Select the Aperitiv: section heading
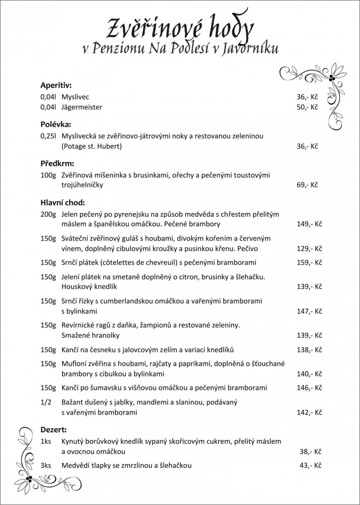57,84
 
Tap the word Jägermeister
82,107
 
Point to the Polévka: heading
56,124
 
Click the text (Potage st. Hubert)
92,146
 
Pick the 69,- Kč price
307,185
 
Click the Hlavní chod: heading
63,202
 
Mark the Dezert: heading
54,430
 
